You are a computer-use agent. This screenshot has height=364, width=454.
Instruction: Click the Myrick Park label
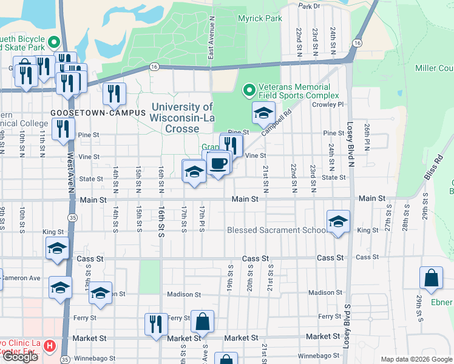(x=260, y=18)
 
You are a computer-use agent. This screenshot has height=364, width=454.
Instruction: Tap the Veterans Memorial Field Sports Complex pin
(x=248, y=90)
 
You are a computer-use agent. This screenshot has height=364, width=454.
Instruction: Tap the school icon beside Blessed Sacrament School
(x=338, y=221)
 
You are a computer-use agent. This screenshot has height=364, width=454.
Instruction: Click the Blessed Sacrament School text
(x=276, y=231)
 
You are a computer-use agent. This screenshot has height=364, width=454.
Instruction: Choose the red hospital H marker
(x=50, y=347)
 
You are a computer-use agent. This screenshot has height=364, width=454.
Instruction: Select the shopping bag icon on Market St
(x=202, y=321)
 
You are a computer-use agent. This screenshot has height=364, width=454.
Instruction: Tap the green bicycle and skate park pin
(x=53, y=42)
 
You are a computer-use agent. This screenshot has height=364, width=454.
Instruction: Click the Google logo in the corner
(x=19, y=357)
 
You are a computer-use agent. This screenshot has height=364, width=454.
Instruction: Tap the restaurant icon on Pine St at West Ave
(x=63, y=129)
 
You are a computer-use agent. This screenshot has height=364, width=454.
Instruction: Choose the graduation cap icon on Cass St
(x=58, y=249)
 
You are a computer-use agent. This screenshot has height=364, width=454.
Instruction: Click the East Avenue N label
(x=211, y=45)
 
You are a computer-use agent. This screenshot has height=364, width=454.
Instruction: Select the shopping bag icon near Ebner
(x=430, y=278)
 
